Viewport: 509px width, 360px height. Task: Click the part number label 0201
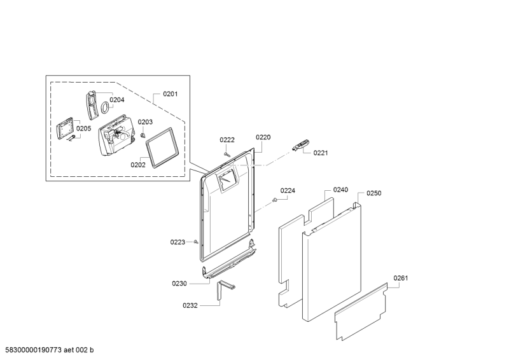pos(170,93)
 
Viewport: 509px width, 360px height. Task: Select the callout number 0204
pos(117,100)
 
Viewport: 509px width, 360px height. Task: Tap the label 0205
pos(84,128)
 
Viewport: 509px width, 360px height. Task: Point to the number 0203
pos(145,121)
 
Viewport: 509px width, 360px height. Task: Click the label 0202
pos(138,165)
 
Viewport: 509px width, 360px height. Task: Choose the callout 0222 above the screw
pos(227,140)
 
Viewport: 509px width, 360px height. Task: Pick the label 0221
pos(321,153)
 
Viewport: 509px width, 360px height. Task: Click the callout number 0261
pos(401,278)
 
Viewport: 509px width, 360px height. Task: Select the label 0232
pos(190,305)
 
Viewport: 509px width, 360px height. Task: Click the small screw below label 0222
pos(227,154)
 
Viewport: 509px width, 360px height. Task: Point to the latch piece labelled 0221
pos(301,145)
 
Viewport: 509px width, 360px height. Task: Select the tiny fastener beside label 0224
pos(275,200)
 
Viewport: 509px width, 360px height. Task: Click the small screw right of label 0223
pos(196,242)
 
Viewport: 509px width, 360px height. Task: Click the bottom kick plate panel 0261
pos(361,312)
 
